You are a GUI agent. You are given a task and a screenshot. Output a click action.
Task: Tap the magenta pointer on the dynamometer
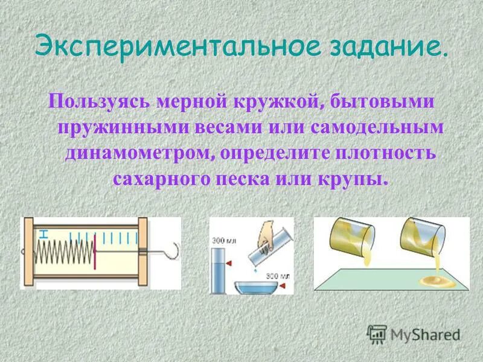(x=95, y=253)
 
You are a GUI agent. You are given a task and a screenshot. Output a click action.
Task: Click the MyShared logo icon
(x=377, y=334)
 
